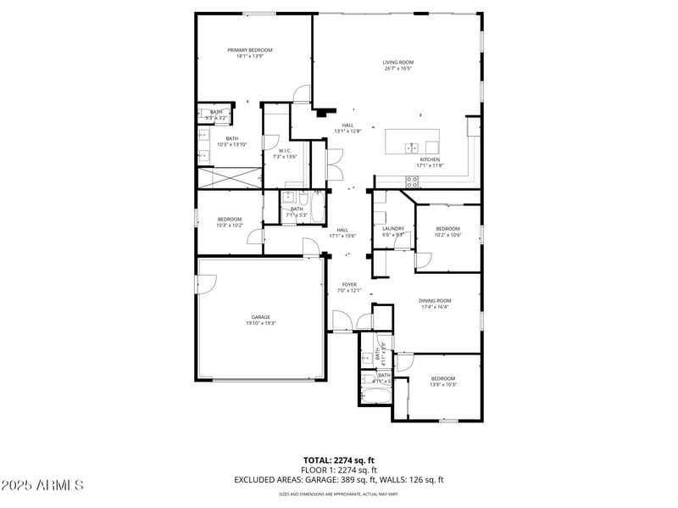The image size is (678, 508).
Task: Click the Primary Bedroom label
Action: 249,50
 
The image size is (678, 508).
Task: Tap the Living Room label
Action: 397,63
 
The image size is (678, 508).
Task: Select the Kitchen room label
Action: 431,159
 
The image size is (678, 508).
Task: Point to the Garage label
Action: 260,317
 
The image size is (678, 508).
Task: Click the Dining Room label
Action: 435,300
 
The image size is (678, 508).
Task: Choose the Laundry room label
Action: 393,228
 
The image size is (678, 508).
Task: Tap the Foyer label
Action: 349,284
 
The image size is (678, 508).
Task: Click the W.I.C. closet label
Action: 286,151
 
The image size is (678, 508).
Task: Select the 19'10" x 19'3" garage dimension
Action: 260,323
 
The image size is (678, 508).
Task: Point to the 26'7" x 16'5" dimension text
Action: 397,69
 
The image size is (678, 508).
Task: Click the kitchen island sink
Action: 412,148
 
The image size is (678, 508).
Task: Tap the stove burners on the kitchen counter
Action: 412,179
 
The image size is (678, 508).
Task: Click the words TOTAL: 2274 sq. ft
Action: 339,461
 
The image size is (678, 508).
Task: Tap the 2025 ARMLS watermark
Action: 42,486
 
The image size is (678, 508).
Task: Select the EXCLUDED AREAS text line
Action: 339,479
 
